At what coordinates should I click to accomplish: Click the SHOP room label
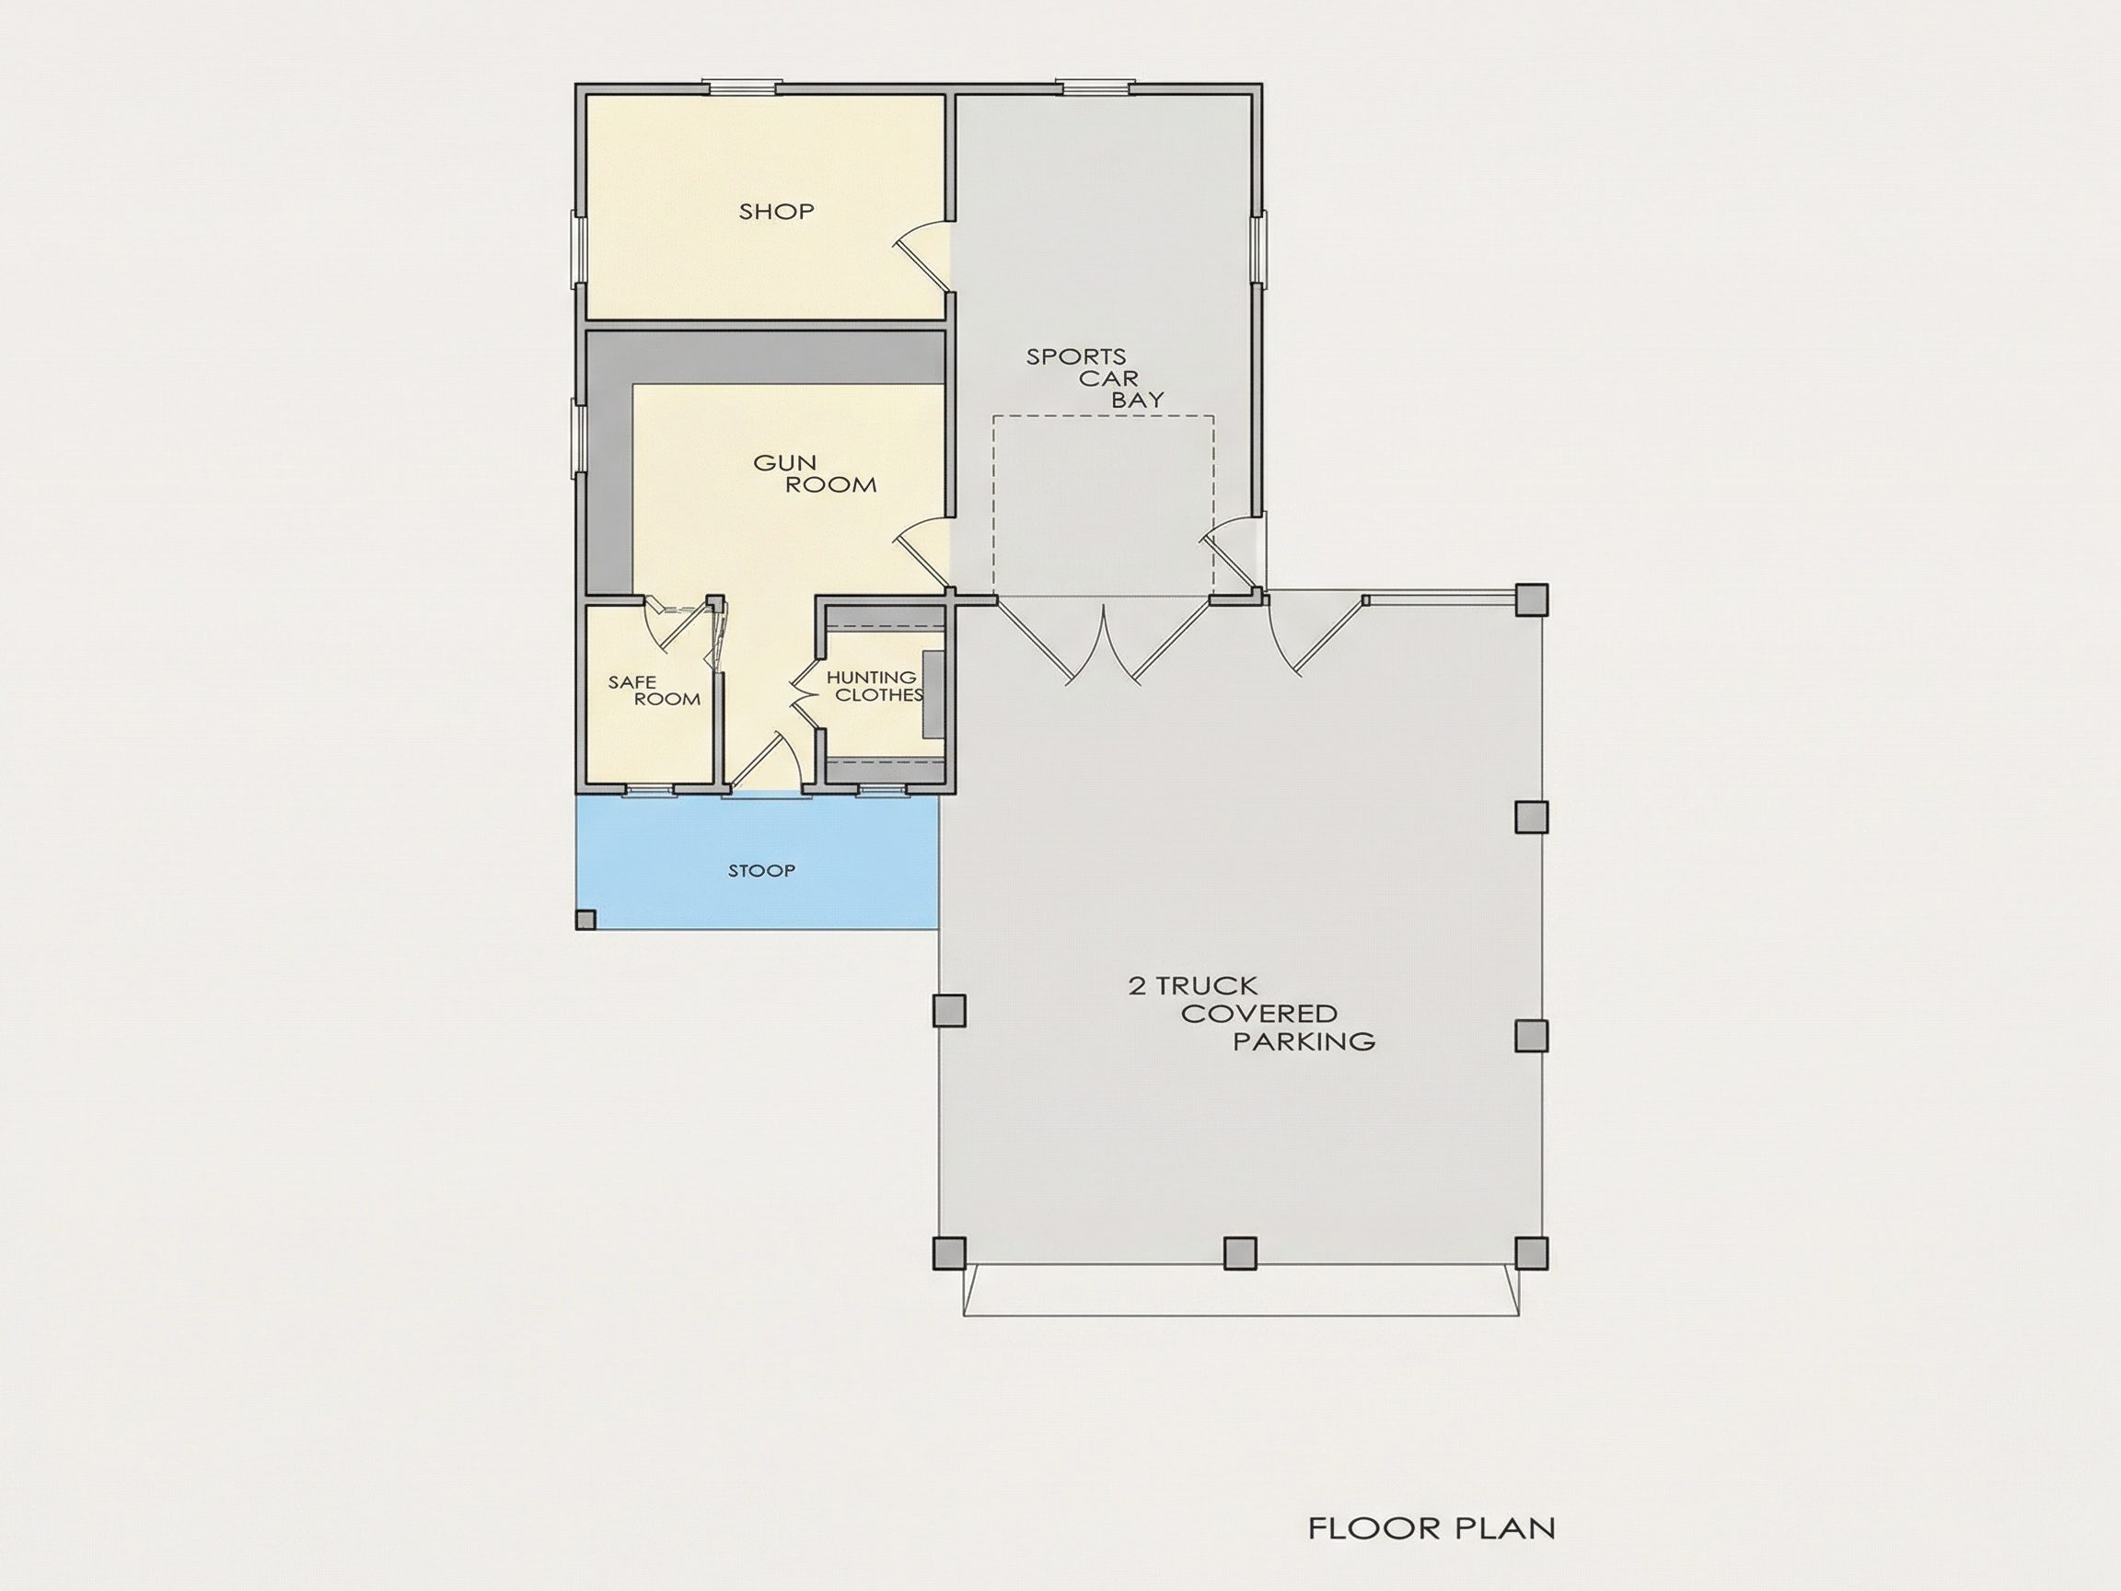tap(777, 211)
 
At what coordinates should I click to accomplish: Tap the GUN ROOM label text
tap(815, 474)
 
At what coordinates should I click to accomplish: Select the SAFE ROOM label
tap(654, 691)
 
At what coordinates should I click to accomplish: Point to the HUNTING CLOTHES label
tap(875, 687)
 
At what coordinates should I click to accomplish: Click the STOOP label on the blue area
tap(761, 871)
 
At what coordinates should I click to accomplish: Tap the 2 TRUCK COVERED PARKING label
tap(1251, 1013)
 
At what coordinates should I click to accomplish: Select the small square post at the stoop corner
tap(585, 920)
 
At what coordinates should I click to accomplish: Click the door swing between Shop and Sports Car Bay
tap(923, 254)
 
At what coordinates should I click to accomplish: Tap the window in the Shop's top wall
tap(742, 87)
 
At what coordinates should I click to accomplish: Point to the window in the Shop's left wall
tap(580, 249)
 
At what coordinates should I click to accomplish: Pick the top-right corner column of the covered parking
tap(1531, 600)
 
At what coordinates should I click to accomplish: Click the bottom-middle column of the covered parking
tap(1240, 1251)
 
